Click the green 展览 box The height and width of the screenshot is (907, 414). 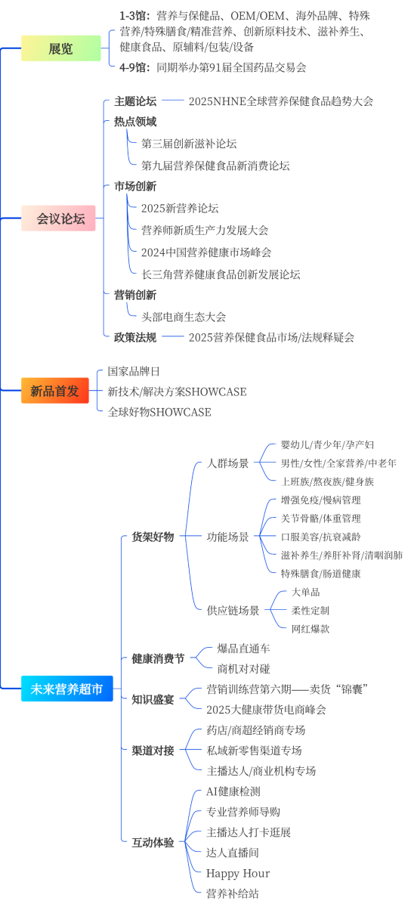click(60, 48)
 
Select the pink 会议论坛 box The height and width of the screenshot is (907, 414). click(58, 218)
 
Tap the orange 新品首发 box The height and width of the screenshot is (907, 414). click(55, 390)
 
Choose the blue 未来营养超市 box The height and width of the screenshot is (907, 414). click(66, 689)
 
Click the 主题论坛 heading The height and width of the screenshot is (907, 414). click(135, 101)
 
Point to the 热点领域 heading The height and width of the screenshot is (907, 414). click(135, 122)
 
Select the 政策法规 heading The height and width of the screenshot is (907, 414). click(135, 337)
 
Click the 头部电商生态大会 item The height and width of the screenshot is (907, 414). click(184, 317)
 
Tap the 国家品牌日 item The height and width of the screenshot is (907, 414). click(134, 371)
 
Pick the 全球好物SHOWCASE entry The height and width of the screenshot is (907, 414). click(159, 412)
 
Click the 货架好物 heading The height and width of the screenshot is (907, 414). click(153, 537)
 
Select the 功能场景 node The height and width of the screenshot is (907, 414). click(228, 537)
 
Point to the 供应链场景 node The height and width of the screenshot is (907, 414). click(233, 611)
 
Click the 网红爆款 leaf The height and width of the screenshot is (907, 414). click(310, 629)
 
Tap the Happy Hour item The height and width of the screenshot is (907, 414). click(238, 874)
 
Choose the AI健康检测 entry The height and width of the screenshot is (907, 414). click(233, 791)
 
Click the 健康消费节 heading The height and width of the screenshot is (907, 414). click(158, 659)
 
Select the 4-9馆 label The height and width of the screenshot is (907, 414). click(134, 67)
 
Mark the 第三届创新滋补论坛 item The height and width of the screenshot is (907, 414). click(189, 144)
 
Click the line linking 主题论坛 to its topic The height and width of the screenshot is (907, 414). click(173, 100)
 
